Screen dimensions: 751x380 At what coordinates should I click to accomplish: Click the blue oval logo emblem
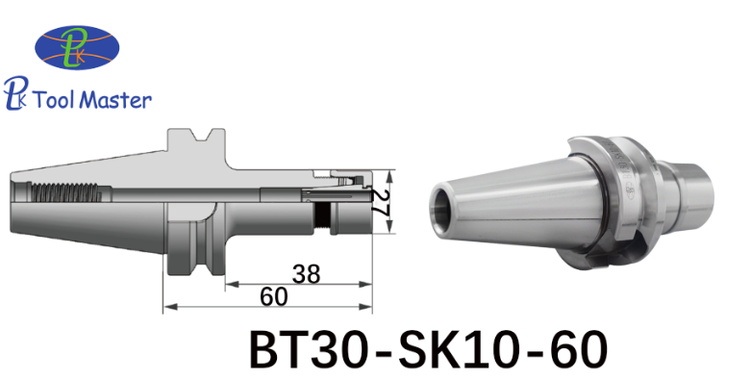tap(77, 47)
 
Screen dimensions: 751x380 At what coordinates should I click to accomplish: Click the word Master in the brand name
tap(115, 100)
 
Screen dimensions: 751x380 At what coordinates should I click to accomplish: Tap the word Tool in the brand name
tap(53, 100)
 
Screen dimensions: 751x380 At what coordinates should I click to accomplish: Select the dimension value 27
tap(382, 201)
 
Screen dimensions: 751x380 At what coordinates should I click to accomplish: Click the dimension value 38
tap(307, 274)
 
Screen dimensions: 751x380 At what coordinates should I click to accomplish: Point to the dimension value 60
tap(274, 297)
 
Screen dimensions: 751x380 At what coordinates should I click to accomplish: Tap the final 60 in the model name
tap(578, 349)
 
